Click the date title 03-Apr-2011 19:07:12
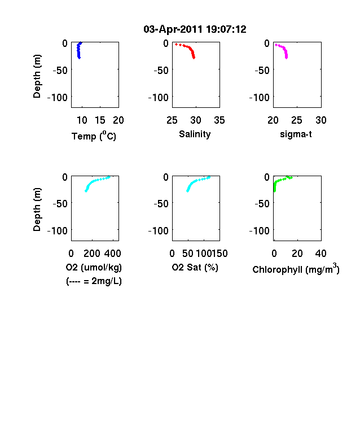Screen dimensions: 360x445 click(x=195, y=29)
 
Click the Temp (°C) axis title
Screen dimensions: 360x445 click(x=94, y=136)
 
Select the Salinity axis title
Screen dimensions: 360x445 click(x=195, y=134)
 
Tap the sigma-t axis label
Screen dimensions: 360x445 click(x=296, y=134)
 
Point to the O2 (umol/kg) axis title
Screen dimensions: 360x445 click(x=94, y=267)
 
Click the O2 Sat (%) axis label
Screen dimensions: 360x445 click(x=195, y=267)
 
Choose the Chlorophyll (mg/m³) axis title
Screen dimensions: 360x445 click(x=296, y=269)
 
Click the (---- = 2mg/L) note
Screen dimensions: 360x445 click(x=94, y=281)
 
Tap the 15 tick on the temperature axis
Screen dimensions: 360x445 click(x=100, y=120)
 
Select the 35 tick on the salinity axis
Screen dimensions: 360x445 click(x=219, y=120)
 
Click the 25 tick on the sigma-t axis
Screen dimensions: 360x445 click(x=296, y=120)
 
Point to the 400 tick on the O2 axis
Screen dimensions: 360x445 click(x=112, y=254)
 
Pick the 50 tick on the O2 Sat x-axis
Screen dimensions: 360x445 click(x=188, y=254)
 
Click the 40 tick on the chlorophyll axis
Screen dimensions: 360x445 click(x=321, y=254)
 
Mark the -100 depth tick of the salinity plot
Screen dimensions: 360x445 click(x=158, y=98)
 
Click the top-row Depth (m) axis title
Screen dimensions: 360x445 click(x=37, y=76)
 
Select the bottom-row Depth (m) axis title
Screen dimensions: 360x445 click(x=37, y=210)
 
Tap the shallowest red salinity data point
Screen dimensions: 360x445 click(x=176, y=44)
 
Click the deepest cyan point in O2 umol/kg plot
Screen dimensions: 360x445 click(x=86, y=191)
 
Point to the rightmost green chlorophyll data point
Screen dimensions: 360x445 click(x=291, y=178)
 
